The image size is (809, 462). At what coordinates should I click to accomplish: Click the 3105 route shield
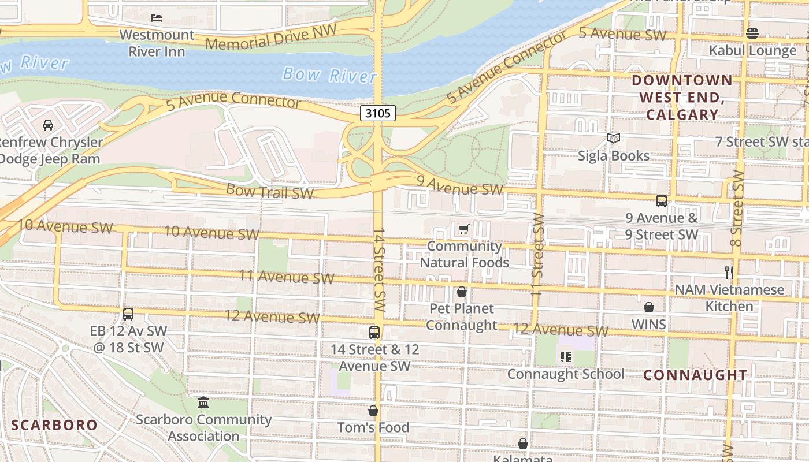pyautogui.click(x=378, y=113)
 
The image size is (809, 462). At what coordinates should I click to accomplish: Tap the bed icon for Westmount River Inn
pyautogui.click(x=157, y=18)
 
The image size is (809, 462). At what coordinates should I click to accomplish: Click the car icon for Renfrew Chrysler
pyautogui.click(x=48, y=125)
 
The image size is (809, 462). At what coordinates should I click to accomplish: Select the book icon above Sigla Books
pyautogui.click(x=614, y=139)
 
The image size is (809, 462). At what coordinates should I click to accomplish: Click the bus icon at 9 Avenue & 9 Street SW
pyautogui.click(x=662, y=201)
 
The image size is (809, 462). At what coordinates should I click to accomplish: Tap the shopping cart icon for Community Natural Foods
pyautogui.click(x=463, y=229)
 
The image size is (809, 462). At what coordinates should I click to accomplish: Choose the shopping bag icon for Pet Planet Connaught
pyautogui.click(x=462, y=292)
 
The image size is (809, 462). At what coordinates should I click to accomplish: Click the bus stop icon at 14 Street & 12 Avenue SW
pyautogui.click(x=374, y=333)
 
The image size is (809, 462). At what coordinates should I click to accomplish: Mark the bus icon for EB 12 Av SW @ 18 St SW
pyautogui.click(x=128, y=314)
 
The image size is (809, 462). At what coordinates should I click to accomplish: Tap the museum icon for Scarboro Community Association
pyautogui.click(x=203, y=403)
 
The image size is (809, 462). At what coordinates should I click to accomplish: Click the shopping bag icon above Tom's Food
pyautogui.click(x=373, y=411)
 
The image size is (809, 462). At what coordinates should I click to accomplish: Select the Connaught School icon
pyautogui.click(x=566, y=357)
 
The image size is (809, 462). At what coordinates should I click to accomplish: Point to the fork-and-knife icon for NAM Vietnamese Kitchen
pyautogui.click(x=729, y=271)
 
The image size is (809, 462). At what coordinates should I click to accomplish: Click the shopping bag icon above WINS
pyautogui.click(x=649, y=307)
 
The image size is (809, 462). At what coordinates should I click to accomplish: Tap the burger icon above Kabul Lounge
pyautogui.click(x=752, y=33)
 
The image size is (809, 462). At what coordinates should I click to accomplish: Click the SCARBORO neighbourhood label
pyautogui.click(x=55, y=426)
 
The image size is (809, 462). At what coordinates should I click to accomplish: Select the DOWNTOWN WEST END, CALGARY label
pyautogui.click(x=682, y=97)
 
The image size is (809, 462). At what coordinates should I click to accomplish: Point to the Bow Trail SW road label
pyautogui.click(x=270, y=191)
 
